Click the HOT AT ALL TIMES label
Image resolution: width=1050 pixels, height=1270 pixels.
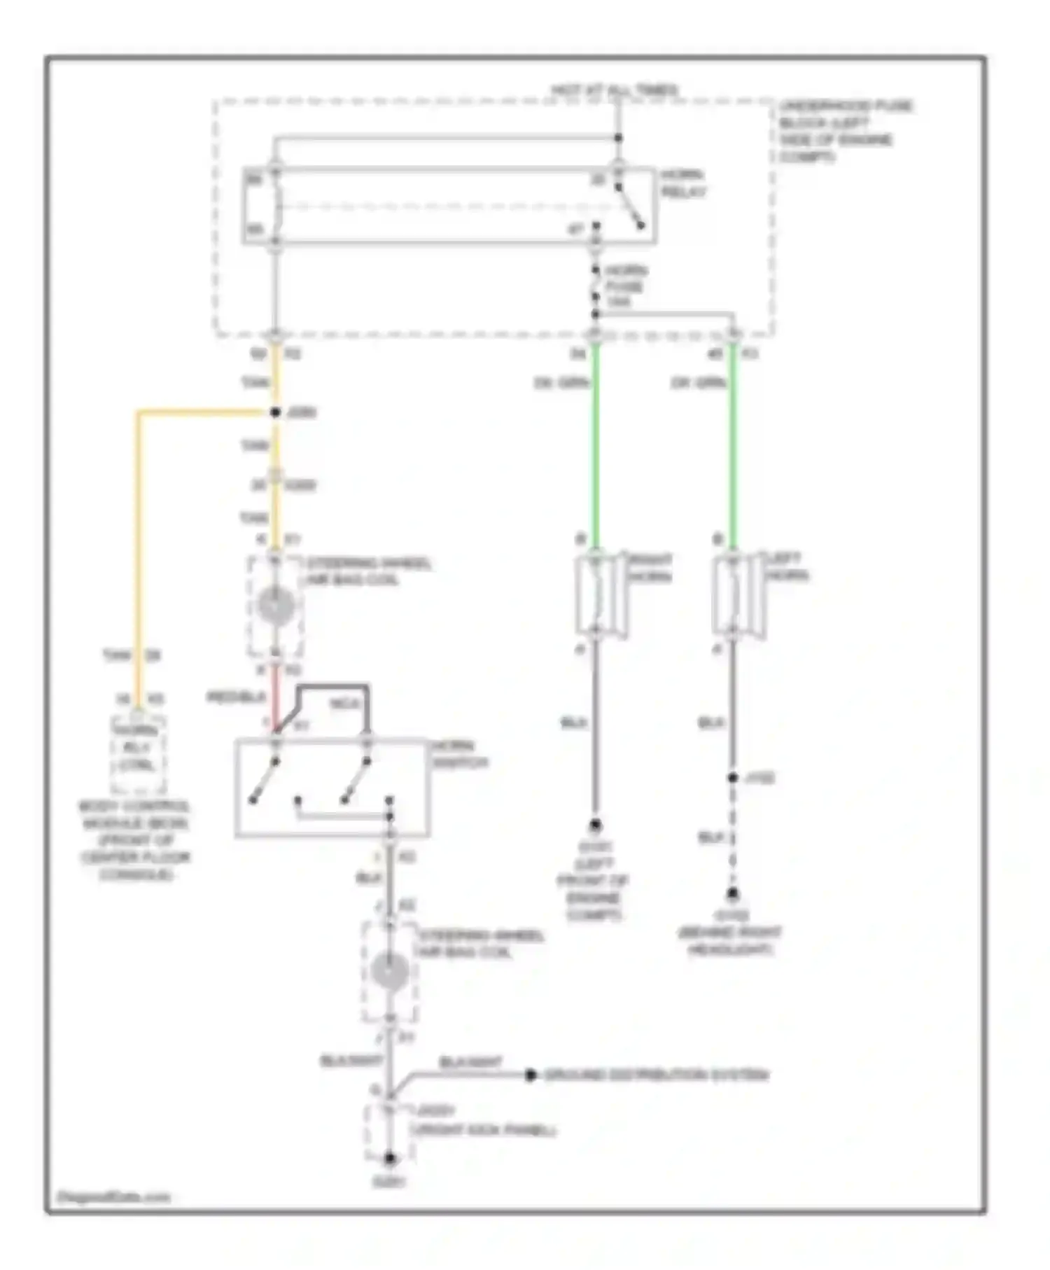[x=614, y=90]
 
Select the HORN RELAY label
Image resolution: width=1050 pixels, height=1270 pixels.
[x=682, y=183]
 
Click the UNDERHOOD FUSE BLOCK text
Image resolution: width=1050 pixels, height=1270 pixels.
[x=845, y=131]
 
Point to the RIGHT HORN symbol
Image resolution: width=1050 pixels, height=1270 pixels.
[x=599, y=596]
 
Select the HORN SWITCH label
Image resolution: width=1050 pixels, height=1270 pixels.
[x=458, y=754]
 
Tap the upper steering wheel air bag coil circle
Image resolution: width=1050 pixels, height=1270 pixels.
[x=276, y=606]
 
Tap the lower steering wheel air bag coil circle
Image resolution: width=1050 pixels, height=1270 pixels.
[x=390, y=972]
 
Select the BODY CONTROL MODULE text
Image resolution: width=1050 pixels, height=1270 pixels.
[x=134, y=840]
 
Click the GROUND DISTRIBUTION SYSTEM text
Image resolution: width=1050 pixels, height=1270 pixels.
[x=656, y=1075]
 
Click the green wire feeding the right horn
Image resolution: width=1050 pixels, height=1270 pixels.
[x=595, y=448]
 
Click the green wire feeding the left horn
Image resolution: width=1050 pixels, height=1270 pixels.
[x=732, y=448]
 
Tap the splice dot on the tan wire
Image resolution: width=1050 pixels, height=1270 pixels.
[x=275, y=412]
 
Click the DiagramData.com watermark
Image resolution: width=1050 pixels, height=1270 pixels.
[x=113, y=1197]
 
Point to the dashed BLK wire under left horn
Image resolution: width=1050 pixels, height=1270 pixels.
[x=732, y=837]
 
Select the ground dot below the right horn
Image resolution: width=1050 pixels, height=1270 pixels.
[x=595, y=825]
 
